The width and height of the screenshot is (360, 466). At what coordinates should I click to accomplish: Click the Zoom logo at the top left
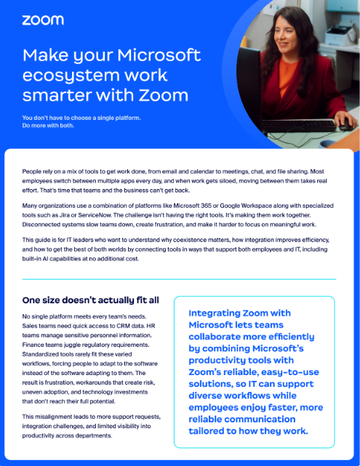coord(42,20)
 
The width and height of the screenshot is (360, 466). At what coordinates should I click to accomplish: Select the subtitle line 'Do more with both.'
coord(48,124)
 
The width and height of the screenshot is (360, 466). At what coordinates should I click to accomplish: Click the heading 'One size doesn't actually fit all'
coord(90,300)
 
